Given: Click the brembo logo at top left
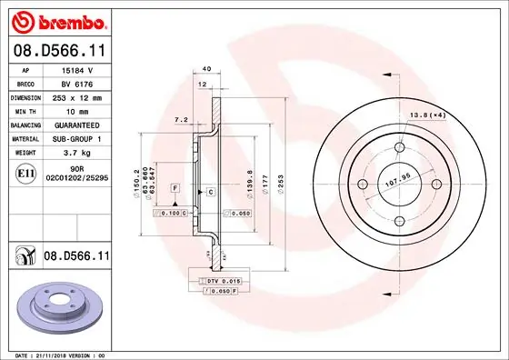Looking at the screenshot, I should click(x=58, y=19).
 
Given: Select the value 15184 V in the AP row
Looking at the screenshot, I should click(x=77, y=68).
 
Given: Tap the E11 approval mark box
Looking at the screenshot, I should click(x=25, y=172).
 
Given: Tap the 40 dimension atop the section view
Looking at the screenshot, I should click(x=207, y=69).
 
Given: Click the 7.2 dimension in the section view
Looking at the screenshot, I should click(x=180, y=120).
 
